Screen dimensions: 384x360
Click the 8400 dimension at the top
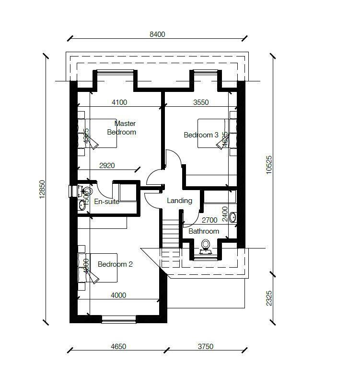[x=157, y=34]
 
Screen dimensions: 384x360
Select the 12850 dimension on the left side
[x=42, y=189]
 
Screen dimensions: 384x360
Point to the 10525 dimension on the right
[x=269, y=165]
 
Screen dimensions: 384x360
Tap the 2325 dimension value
[x=269, y=298]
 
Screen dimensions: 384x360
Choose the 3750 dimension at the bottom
[x=205, y=347]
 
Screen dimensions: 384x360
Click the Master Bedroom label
[x=122, y=128]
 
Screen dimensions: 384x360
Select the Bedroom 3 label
[x=201, y=135]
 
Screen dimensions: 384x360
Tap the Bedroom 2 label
[x=115, y=264]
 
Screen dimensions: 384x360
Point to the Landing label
[x=179, y=201]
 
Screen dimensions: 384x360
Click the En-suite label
[x=106, y=202]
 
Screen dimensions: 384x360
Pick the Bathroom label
[x=204, y=231]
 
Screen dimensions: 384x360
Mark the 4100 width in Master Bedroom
[x=119, y=102]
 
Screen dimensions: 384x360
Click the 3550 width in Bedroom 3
[x=201, y=102]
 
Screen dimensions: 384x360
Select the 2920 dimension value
[x=107, y=166]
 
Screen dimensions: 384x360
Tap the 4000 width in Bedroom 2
[x=118, y=295]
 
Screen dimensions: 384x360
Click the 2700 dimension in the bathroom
[x=209, y=220]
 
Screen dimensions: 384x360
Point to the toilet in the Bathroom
[x=206, y=245]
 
